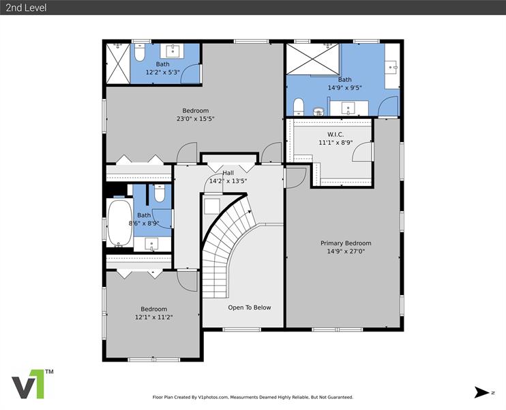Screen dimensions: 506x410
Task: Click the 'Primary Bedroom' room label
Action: (x=346, y=243)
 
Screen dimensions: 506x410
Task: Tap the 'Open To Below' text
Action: (x=250, y=307)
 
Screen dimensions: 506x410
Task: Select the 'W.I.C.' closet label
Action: (x=336, y=134)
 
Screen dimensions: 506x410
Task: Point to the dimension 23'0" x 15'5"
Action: (x=195, y=119)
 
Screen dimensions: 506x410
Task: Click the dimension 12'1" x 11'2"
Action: (x=153, y=317)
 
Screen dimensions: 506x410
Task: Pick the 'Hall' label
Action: (x=228, y=173)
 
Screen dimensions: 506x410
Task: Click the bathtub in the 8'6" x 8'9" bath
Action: (x=120, y=223)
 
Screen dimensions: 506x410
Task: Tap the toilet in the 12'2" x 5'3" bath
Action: (x=139, y=53)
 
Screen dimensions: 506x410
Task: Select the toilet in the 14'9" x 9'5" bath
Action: (x=299, y=107)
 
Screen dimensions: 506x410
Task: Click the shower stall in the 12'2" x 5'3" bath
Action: (x=118, y=64)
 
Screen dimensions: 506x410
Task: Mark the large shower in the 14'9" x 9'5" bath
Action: (x=313, y=59)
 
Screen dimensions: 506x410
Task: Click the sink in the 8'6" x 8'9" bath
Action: (x=151, y=244)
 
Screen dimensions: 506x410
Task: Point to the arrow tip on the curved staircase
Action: (x=251, y=210)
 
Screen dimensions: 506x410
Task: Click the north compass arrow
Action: (x=481, y=392)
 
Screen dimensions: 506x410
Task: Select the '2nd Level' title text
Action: (x=26, y=8)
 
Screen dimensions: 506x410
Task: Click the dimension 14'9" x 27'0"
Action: (x=346, y=251)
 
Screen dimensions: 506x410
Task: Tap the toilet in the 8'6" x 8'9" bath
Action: (x=160, y=193)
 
